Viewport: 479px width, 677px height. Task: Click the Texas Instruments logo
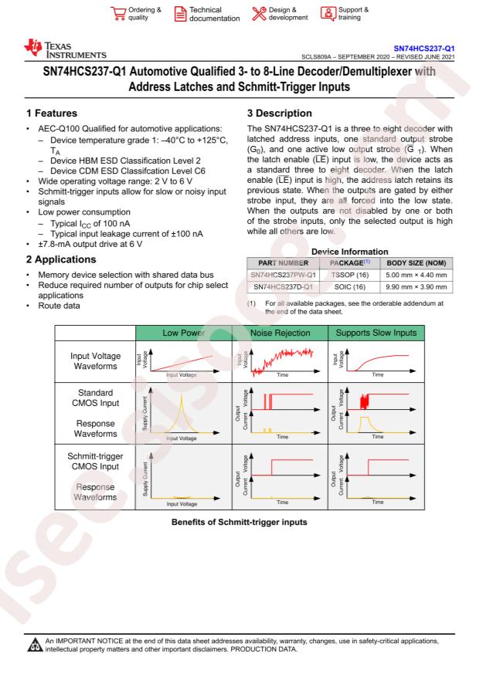click(65, 49)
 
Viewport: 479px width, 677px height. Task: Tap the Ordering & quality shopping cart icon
click(118, 13)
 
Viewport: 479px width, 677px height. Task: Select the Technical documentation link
click(207, 14)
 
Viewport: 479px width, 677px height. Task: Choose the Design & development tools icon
click(259, 13)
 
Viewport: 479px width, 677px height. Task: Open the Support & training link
click(345, 13)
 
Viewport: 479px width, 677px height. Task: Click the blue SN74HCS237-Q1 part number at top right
click(423, 49)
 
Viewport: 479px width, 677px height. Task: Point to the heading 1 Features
click(52, 113)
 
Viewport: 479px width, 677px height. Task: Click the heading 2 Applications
click(61, 259)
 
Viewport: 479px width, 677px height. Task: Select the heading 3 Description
click(280, 113)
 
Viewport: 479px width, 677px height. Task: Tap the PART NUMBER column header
click(283, 263)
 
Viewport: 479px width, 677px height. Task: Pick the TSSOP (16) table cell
click(350, 275)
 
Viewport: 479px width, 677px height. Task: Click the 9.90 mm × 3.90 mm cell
click(416, 286)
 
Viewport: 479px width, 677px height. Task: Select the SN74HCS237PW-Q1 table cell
click(284, 275)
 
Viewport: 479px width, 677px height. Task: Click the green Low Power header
click(184, 333)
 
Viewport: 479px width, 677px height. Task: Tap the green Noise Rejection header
click(280, 333)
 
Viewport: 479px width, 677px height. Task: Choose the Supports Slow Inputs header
click(376, 333)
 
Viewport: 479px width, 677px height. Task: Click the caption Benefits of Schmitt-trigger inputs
click(239, 522)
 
